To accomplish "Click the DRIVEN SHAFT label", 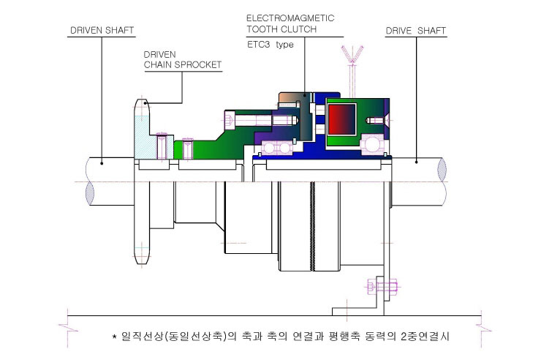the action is [x=102, y=31].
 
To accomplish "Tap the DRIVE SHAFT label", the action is [x=416, y=31].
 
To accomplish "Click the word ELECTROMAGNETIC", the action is [x=290, y=18].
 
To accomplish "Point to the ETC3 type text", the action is [x=270, y=45].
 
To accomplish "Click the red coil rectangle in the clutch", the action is [x=341, y=119].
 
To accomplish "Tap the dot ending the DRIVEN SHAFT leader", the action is [x=102, y=163].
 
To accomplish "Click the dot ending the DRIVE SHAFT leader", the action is [x=417, y=162].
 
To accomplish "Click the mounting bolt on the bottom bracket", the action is [x=382, y=286].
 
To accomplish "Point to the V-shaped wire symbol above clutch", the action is [x=352, y=54].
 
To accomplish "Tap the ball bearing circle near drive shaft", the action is [x=372, y=145].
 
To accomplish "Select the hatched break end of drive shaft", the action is [x=442, y=170].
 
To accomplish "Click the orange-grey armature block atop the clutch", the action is [x=292, y=100].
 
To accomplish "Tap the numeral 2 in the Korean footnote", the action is [x=405, y=336].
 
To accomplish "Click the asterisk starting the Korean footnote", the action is [x=115, y=336].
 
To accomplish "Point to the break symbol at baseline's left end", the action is [x=68, y=328].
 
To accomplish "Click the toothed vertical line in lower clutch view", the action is [x=312, y=226].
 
